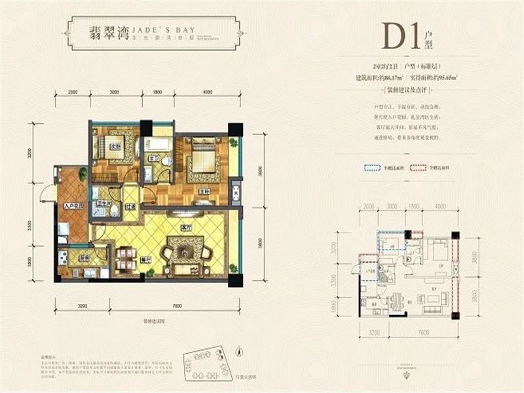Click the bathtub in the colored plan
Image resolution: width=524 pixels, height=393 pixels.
click(x=157, y=145)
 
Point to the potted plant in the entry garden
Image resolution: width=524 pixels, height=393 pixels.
click(x=83, y=174)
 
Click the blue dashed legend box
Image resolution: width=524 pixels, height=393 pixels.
click(x=373, y=168)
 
